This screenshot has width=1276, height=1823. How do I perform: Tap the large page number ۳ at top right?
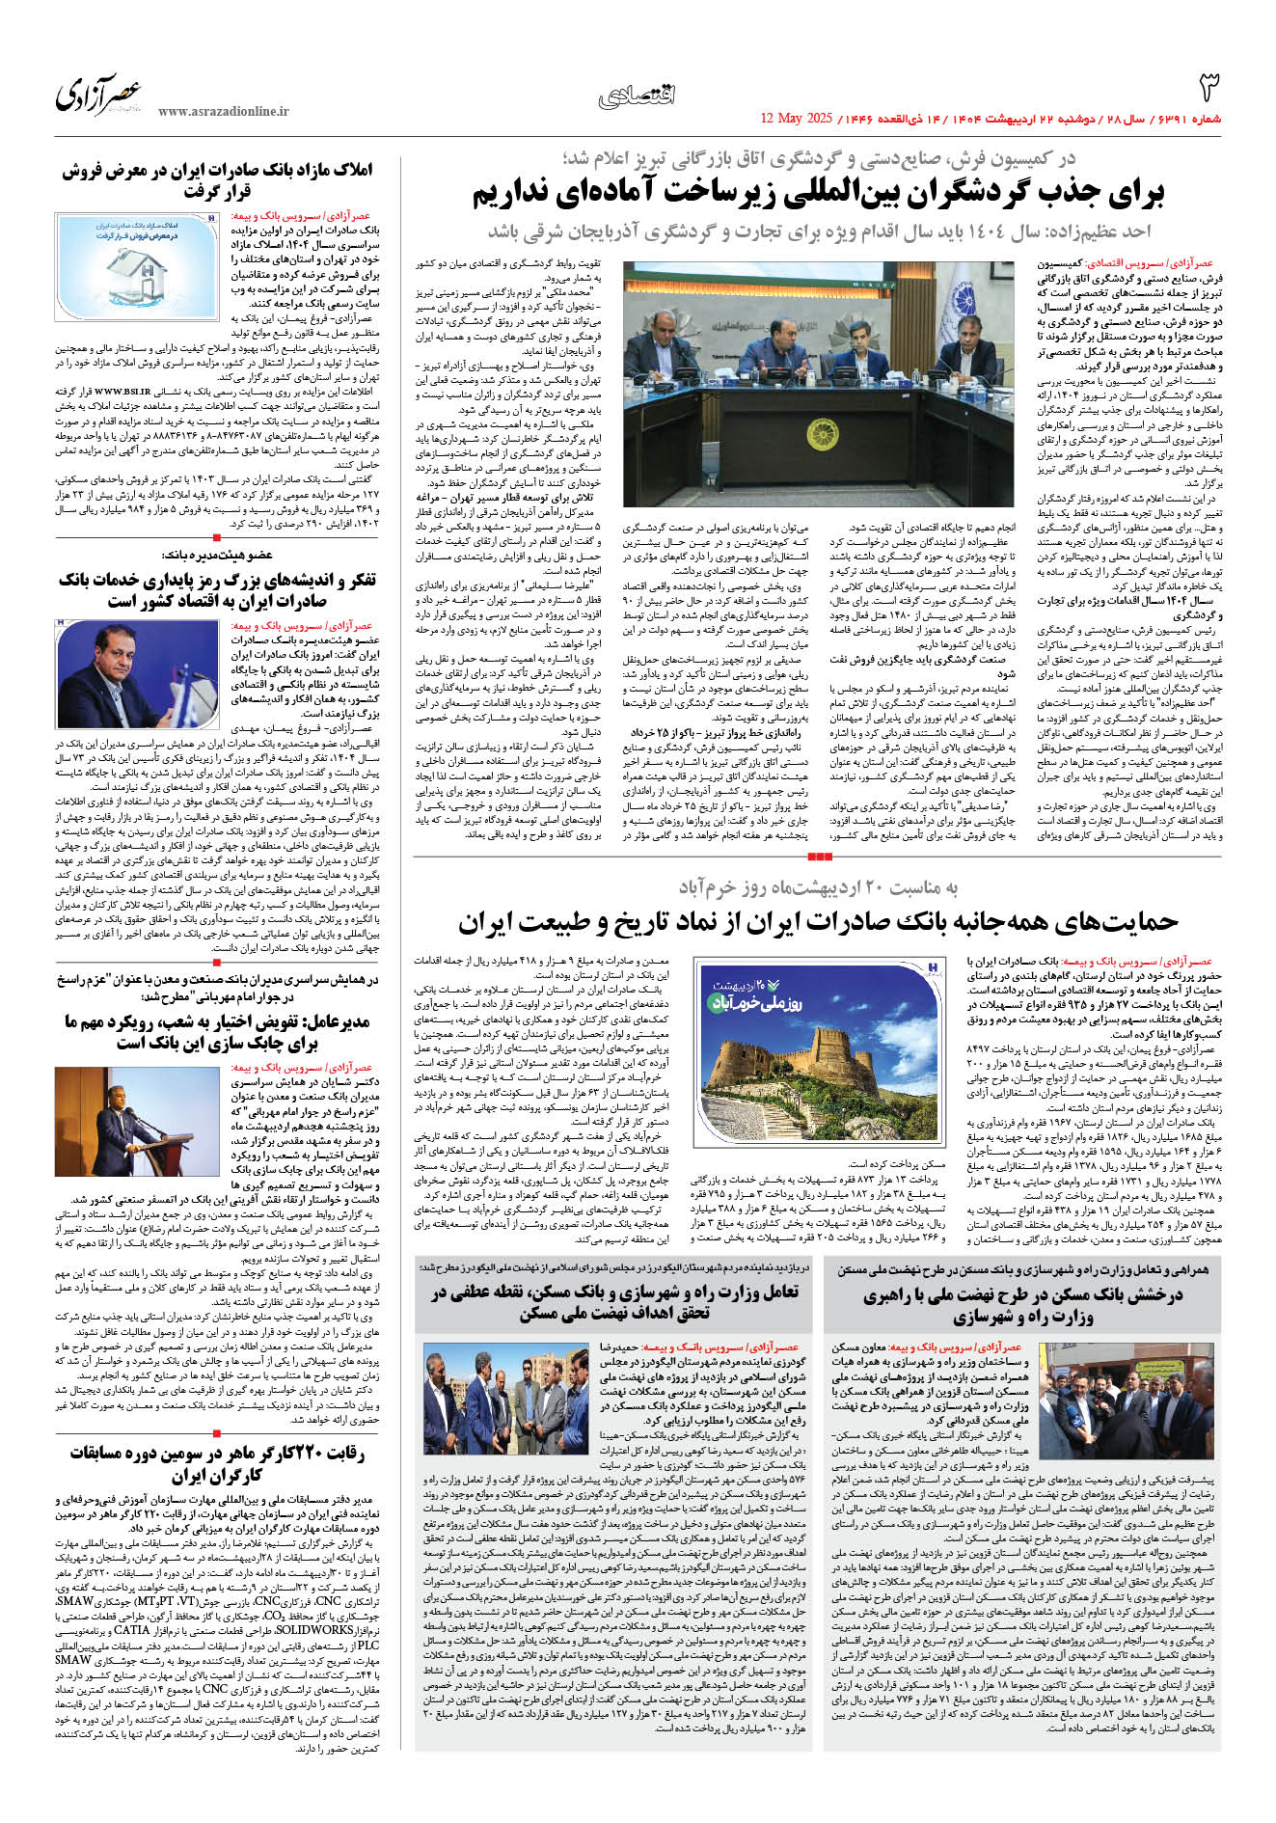click(1208, 89)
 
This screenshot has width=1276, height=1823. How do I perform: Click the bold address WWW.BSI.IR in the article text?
click(123, 392)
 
